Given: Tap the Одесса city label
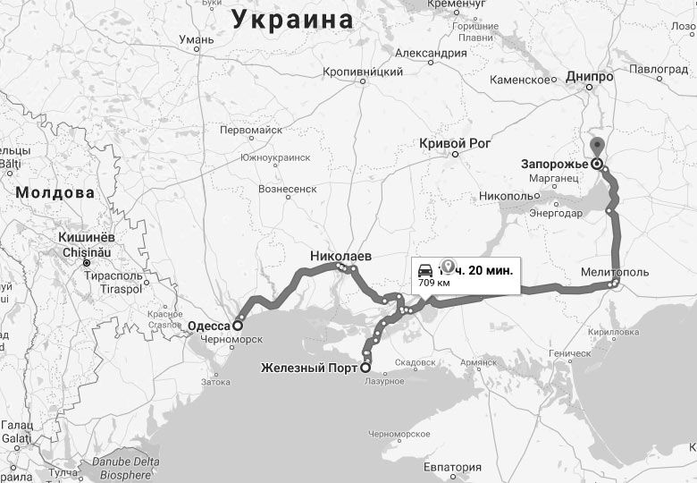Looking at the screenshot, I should (x=210, y=326).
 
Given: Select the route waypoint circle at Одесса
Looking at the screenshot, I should (x=239, y=326).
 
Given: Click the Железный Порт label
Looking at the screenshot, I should (x=309, y=367).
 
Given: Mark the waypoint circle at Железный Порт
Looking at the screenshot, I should (x=365, y=367).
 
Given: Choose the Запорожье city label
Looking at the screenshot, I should (x=554, y=164).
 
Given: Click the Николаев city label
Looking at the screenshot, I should (x=340, y=256).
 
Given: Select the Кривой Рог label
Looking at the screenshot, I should (x=456, y=144).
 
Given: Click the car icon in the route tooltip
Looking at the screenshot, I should (x=426, y=269).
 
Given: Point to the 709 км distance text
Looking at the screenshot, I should (x=433, y=284).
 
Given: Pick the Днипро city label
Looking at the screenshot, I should (x=589, y=78).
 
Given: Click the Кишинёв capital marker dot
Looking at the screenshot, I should (x=87, y=264).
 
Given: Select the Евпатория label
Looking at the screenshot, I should (x=452, y=467).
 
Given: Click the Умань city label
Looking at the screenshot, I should (x=196, y=39).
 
